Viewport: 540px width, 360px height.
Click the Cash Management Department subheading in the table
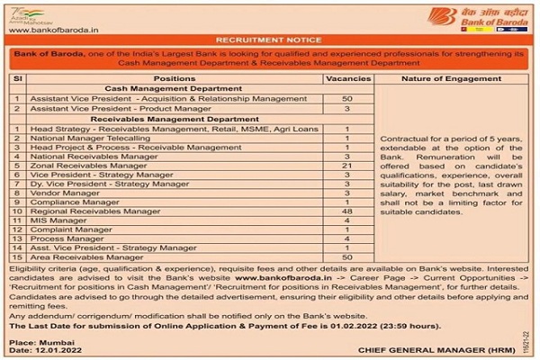(x=175, y=89)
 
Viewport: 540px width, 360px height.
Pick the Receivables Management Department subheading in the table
(x=175, y=119)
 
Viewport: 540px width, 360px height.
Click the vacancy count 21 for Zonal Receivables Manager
(x=346, y=166)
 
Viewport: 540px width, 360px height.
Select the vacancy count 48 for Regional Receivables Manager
(x=346, y=211)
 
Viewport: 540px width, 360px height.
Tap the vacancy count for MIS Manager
(x=346, y=220)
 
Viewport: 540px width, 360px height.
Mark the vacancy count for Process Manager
(x=346, y=238)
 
